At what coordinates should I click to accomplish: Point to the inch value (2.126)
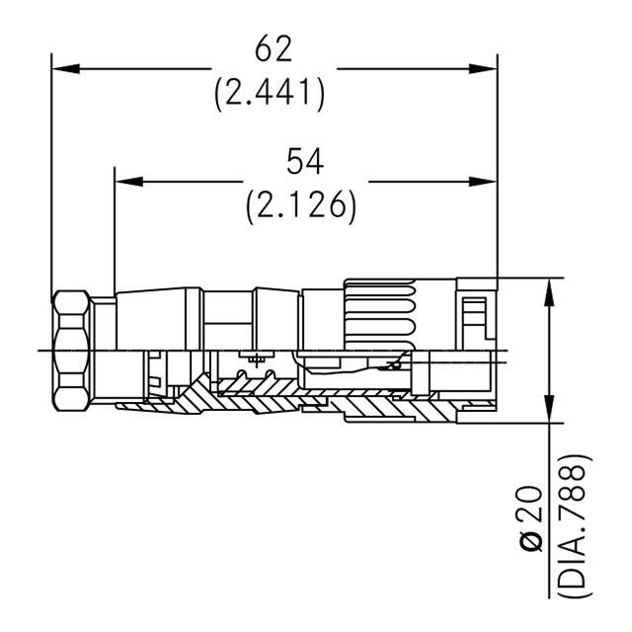pos(301,204)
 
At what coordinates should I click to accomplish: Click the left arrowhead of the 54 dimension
pos(126,182)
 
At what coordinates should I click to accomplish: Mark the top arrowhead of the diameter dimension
pos(546,287)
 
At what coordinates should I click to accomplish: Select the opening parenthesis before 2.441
pos(219,93)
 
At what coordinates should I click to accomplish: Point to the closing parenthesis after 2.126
pos(351,205)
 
